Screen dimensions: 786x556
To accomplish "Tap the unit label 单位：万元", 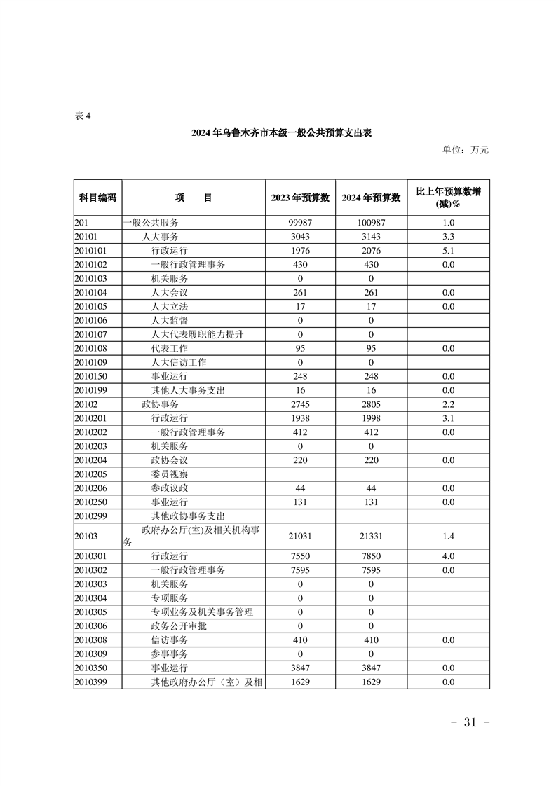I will click(x=465, y=149).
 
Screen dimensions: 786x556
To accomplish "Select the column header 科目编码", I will click(x=97, y=198).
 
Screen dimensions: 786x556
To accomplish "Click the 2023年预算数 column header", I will click(x=300, y=198).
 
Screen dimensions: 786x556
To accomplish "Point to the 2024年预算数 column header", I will click(x=371, y=198).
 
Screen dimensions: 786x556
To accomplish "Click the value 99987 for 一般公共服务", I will click(x=300, y=223).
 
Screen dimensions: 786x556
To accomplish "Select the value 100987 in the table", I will click(x=371, y=223).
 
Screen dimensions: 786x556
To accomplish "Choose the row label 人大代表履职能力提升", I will click(x=198, y=335).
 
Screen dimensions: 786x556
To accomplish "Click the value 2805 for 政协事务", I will click(x=371, y=405).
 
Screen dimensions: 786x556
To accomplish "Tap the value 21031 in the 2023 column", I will click(x=300, y=536).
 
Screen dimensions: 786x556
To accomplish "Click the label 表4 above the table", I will click(x=83, y=116).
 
